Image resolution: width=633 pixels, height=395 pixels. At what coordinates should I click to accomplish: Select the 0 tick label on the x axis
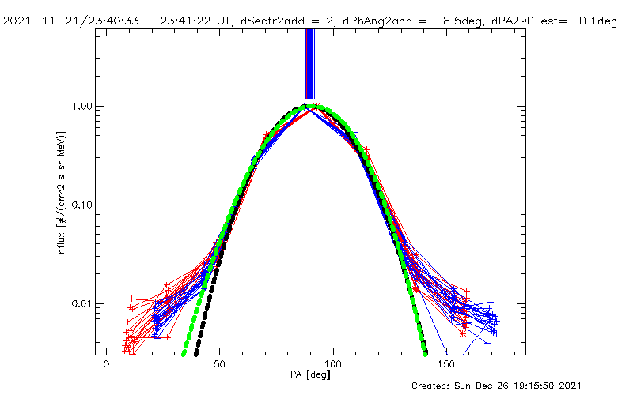tap(106, 367)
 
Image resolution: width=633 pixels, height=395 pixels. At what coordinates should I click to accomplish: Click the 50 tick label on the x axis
tap(220, 367)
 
